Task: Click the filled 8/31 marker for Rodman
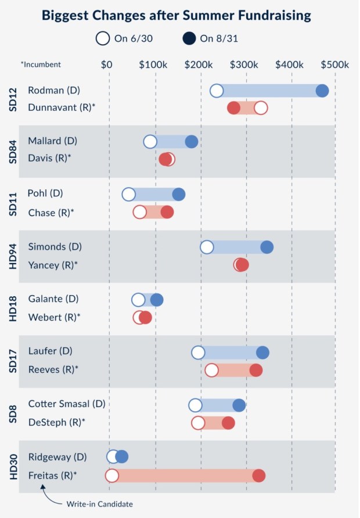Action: pyautogui.click(x=322, y=91)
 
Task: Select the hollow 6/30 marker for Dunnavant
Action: pyautogui.click(x=261, y=108)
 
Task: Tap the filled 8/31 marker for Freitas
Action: pyautogui.click(x=258, y=476)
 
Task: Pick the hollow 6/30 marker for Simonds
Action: pyautogui.click(x=207, y=247)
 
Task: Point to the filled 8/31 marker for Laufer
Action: pyautogui.click(x=262, y=352)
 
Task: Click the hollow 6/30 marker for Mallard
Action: pyautogui.click(x=150, y=142)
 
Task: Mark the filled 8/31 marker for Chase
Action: pyautogui.click(x=167, y=212)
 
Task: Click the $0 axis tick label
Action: pyautogui.click(x=106, y=64)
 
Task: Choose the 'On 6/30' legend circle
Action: pyautogui.click(x=103, y=39)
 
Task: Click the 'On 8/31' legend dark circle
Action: pyautogui.click(x=189, y=39)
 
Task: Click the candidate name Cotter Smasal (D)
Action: pyautogui.click(x=67, y=404)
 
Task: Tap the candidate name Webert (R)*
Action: pyautogui.click(x=53, y=317)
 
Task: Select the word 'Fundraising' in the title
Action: pyautogui.click(x=269, y=15)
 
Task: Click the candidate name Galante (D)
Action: pyautogui.click(x=53, y=299)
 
